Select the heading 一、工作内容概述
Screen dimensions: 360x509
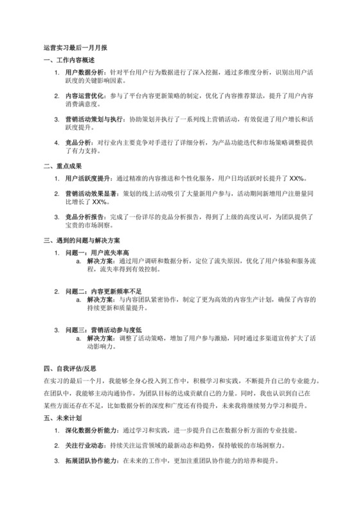(x=67, y=60)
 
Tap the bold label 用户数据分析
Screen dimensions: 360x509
(x=82, y=74)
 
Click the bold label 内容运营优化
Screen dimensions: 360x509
(x=82, y=96)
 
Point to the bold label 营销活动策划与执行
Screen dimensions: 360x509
(x=90, y=120)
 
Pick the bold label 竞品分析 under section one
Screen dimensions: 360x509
(x=76, y=141)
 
